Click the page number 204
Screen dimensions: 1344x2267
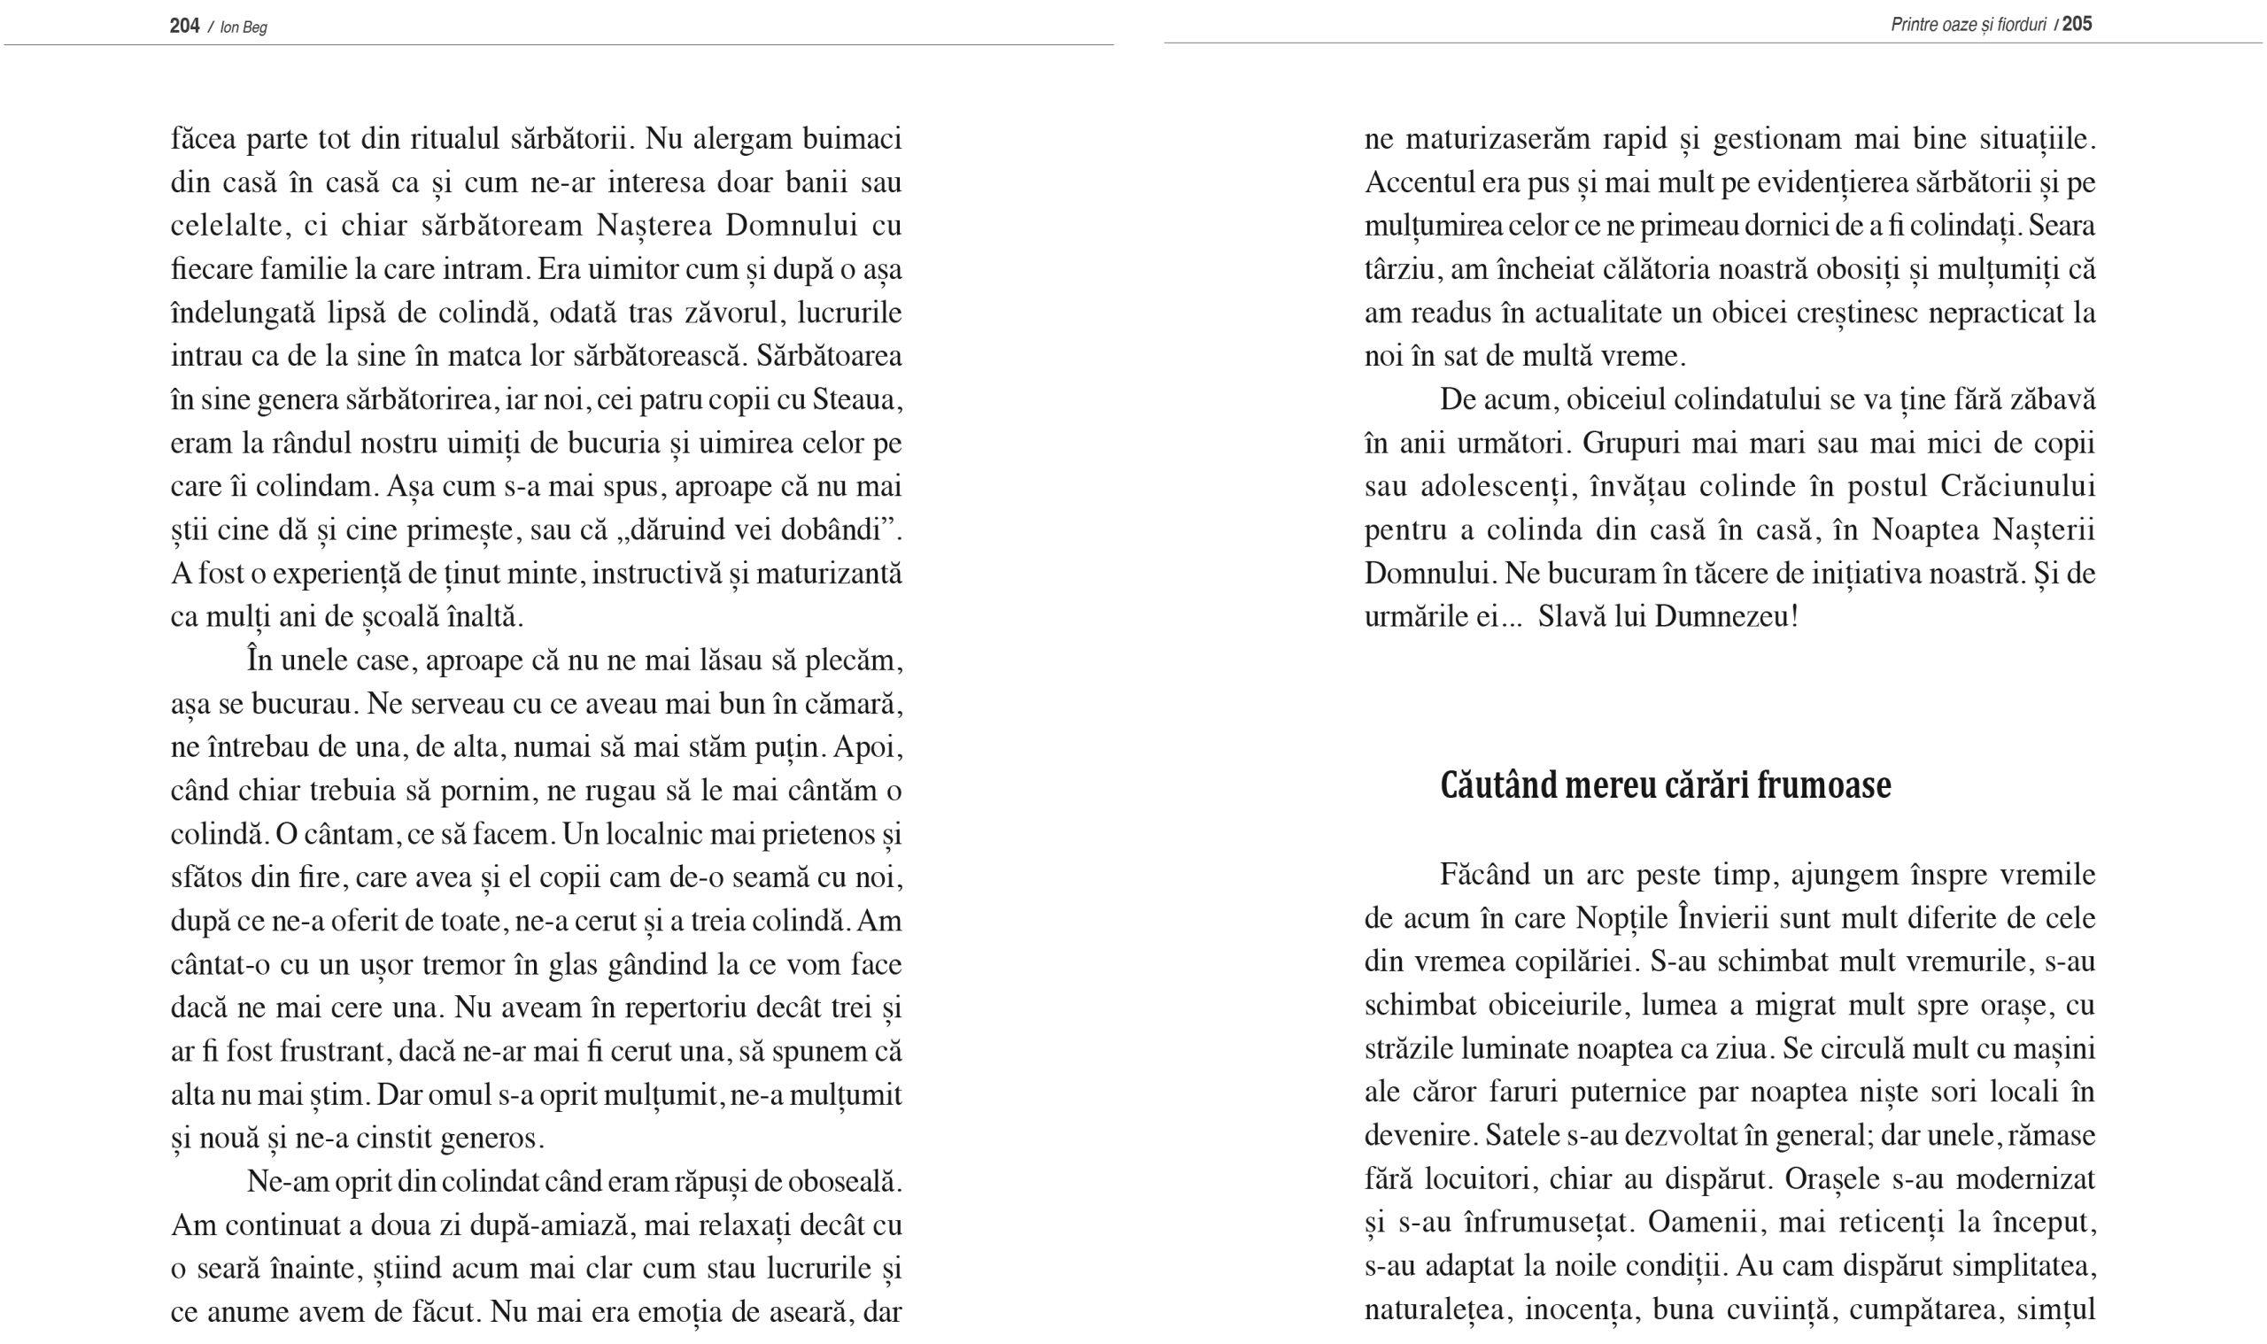[x=184, y=26]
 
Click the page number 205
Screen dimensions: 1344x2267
[x=2077, y=24]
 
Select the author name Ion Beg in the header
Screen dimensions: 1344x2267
[x=244, y=27]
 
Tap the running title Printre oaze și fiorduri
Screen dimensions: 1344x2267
[x=1968, y=25]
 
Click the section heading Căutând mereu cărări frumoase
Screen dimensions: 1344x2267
[x=1665, y=785]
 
